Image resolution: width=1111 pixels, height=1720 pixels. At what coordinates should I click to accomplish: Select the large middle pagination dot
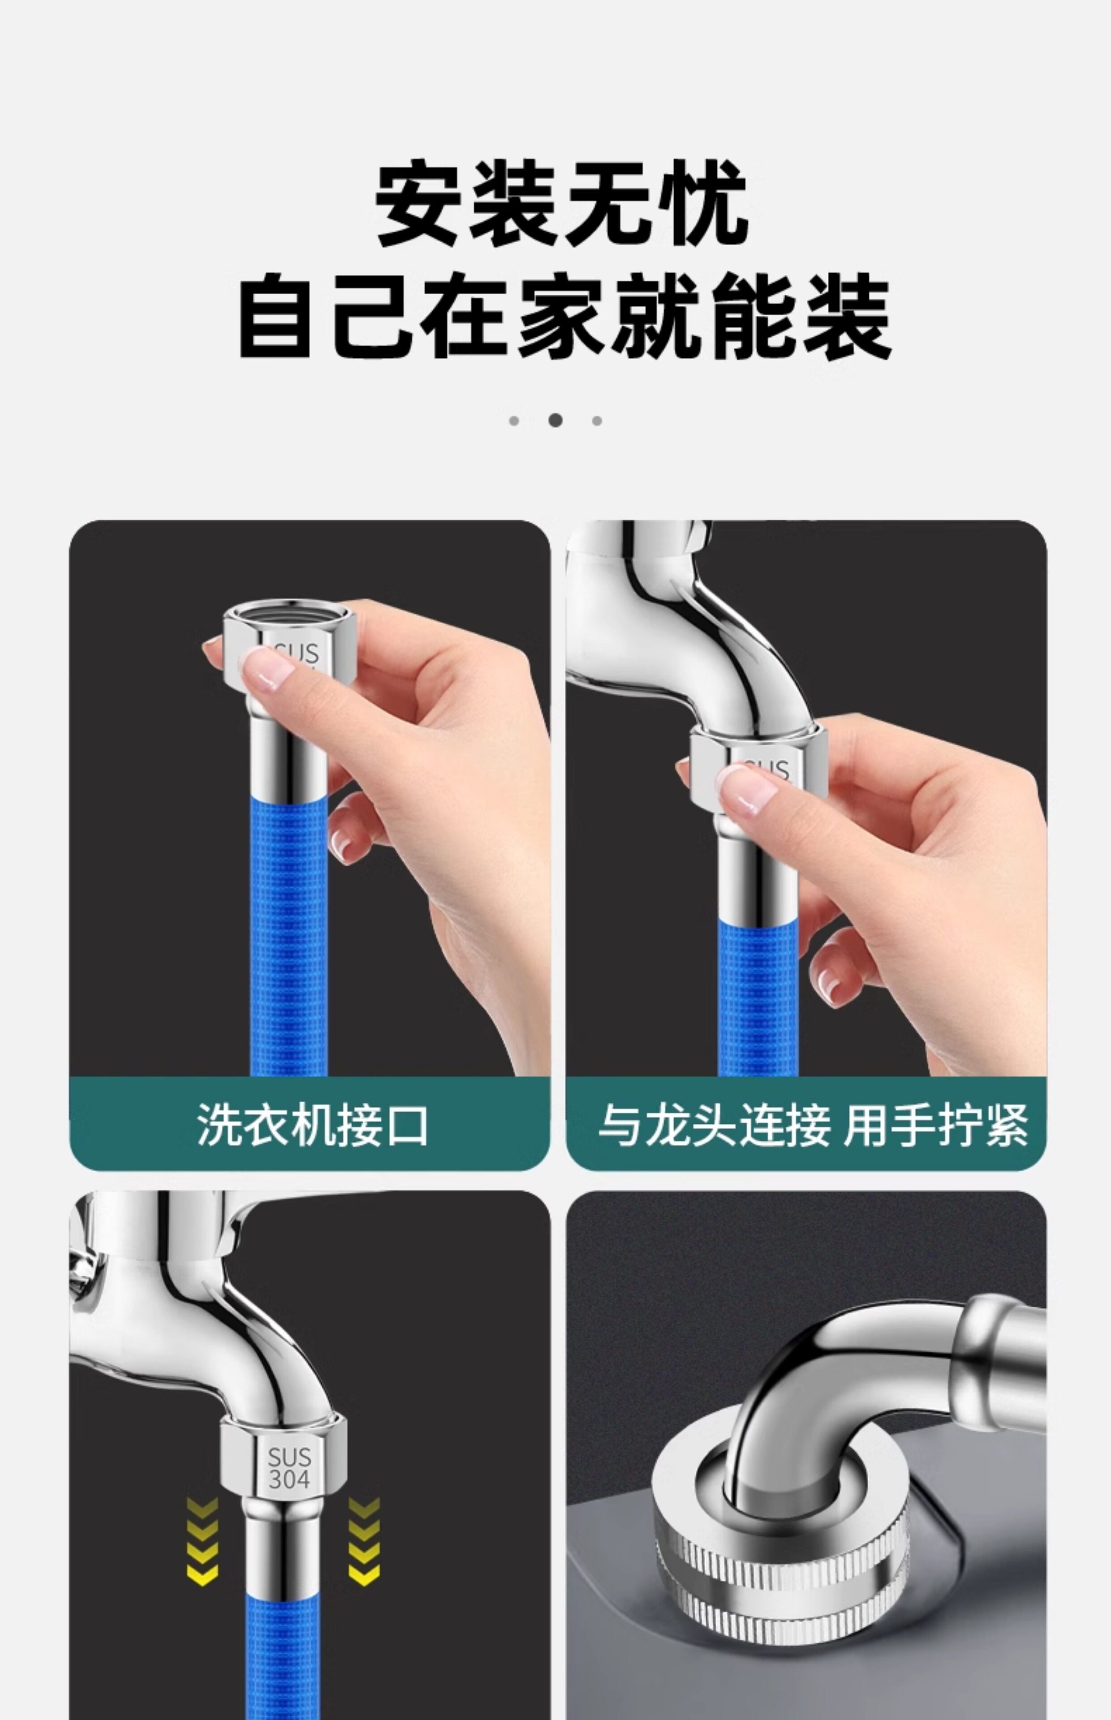click(x=555, y=420)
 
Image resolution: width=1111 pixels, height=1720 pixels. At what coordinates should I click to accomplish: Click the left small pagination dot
click(x=514, y=421)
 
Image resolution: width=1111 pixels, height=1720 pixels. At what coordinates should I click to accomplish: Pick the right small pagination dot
click(x=597, y=421)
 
